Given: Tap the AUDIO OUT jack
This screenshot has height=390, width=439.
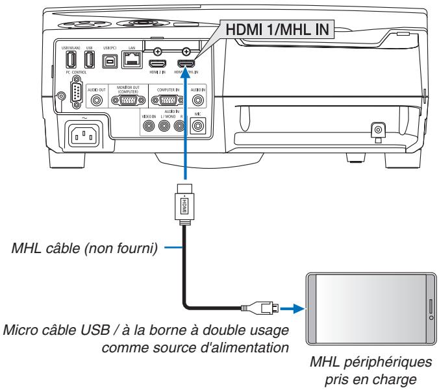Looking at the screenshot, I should click(97, 101).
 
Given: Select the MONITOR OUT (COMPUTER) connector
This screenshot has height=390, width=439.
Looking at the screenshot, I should click(125, 101).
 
